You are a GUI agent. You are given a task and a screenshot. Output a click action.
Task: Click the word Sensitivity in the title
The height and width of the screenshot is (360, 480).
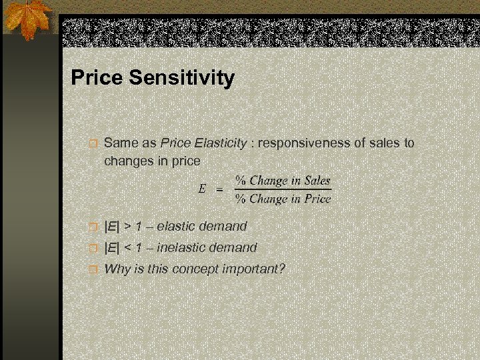click(181, 79)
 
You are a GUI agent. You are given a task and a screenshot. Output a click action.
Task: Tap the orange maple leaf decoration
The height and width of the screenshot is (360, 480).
click(29, 19)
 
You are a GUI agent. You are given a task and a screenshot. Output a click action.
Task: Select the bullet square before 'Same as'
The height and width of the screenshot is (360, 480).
click(94, 143)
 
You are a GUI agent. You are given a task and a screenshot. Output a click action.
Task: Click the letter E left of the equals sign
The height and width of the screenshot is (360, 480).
click(202, 189)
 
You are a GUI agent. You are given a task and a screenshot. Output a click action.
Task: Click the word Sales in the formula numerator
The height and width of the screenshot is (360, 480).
click(317, 181)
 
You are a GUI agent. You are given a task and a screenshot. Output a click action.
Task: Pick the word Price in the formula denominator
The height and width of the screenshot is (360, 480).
click(317, 199)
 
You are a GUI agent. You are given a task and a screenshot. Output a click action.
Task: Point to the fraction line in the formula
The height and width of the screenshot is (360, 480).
click(283, 190)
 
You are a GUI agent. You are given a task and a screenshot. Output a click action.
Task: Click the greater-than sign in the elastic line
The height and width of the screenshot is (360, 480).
click(127, 227)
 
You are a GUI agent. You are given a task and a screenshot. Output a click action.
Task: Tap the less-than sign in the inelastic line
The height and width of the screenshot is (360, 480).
click(127, 248)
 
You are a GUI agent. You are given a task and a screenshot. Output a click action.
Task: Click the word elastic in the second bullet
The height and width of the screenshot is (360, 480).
click(177, 227)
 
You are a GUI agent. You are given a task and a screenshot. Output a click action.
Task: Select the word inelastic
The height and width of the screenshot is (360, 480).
click(183, 248)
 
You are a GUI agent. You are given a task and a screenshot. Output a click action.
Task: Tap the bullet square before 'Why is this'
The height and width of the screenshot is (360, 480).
click(94, 270)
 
